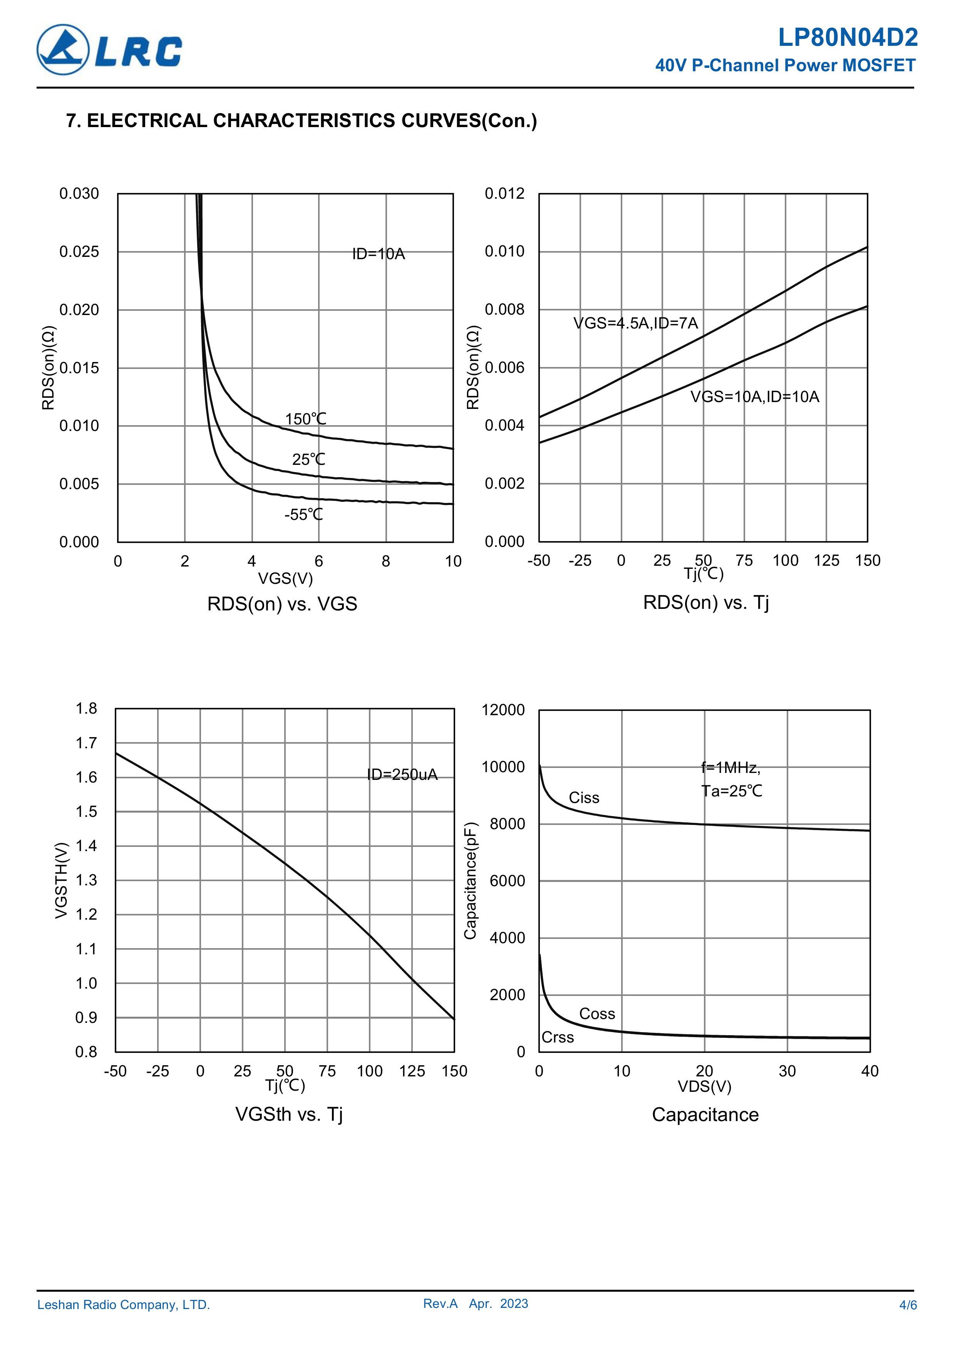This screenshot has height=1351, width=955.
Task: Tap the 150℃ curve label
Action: (x=305, y=419)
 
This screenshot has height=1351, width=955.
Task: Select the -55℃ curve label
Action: (x=303, y=515)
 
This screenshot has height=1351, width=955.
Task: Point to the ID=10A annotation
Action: (x=379, y=254)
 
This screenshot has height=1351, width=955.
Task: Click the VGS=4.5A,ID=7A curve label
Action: (x=635, y=323)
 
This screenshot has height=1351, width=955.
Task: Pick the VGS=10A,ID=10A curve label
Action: (x=754, y=397)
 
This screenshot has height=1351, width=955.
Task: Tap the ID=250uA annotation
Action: (x=402, y=774)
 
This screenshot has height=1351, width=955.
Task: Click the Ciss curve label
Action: (x=584, y=798)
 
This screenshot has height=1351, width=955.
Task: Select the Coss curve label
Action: (x=596, y=1014)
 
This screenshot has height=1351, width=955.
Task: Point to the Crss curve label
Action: (x=557, y=1038)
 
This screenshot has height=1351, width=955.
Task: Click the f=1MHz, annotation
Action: (x=730, y=768)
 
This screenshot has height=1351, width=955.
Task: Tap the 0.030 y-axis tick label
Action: (x=79, y=194)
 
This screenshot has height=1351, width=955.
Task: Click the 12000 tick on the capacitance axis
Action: (x=503, y=710)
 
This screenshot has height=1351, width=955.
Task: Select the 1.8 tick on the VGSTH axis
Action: (x=86, y=709)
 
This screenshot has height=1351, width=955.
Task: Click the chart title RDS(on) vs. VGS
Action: (x=282, y=604)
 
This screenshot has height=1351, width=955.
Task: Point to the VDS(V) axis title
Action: (x=704, y=1086)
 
